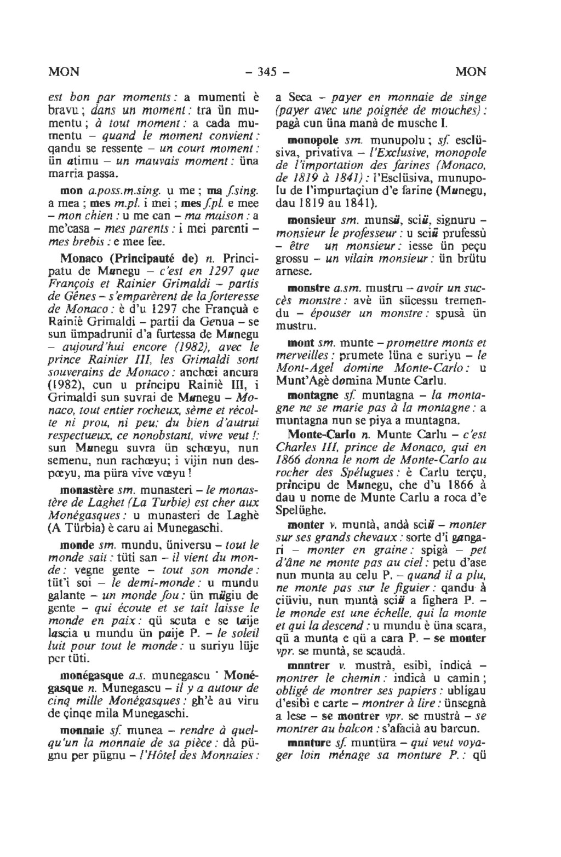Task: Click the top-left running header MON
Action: pyautogui.click(x=64, y=72)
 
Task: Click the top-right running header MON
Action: pyautogui.click(x=471, y=72)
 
